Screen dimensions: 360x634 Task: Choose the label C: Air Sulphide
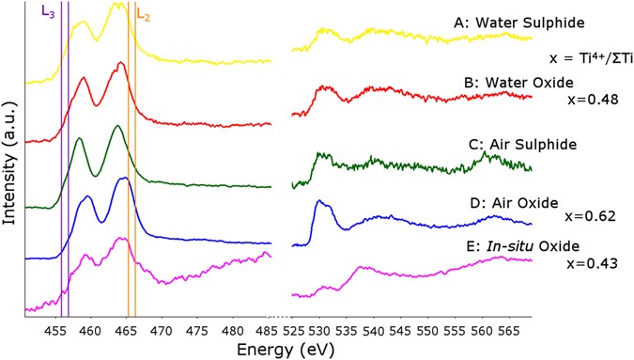pos(521,145)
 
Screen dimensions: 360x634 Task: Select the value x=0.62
pos(590,215)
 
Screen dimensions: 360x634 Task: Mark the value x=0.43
pos(590,263)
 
